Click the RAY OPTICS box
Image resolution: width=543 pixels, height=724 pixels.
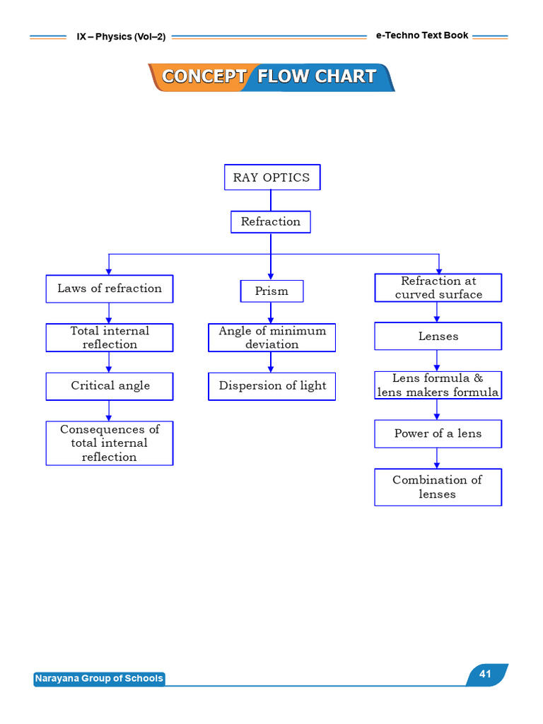point(272,177)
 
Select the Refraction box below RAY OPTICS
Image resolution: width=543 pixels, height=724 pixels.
point(271,222)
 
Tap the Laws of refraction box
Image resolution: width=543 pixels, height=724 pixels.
point(110,289)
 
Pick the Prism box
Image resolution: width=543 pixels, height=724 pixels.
point(272,291)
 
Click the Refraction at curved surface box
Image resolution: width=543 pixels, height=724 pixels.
point(438,288)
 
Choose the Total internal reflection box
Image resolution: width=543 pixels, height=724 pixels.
point(110,337)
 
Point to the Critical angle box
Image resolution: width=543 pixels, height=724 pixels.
point(110,387)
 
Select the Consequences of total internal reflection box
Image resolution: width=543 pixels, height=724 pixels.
point(110,443)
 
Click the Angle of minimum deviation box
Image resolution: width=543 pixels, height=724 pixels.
point(272,337)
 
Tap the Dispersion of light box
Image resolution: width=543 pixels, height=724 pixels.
point(272,387)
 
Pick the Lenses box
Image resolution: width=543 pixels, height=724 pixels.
point(438,336)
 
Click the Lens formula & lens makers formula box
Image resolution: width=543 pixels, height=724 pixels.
point(438,385)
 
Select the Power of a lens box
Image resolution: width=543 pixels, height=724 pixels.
point(438,434)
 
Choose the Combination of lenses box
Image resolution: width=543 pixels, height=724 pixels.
point(438,487)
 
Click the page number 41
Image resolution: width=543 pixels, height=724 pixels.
point(485,674)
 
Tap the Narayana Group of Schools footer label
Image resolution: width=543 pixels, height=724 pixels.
point(99,678)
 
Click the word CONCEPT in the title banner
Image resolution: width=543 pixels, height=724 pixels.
point(204,76)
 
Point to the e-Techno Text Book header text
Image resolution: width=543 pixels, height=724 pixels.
point(422,35)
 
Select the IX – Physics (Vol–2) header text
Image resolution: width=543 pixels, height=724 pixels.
point(121,37)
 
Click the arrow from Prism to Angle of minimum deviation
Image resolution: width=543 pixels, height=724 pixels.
point(271,313)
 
